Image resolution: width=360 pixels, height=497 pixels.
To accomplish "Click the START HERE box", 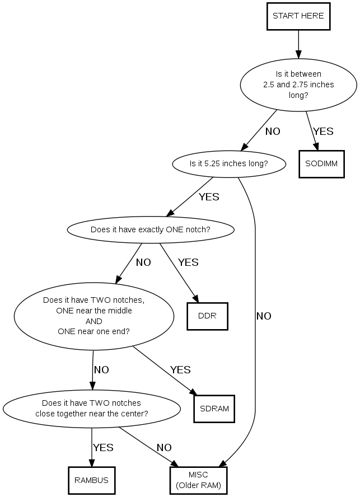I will point(298,16).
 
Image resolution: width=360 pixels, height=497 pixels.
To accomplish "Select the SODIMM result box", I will point(321,164).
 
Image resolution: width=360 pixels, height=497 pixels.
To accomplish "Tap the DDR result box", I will point(207,316).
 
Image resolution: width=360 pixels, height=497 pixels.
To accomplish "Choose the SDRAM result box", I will point(214,408).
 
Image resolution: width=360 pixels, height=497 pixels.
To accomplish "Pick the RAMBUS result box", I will point(91,480).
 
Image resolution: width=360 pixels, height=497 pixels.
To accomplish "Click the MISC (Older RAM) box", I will point(198,480).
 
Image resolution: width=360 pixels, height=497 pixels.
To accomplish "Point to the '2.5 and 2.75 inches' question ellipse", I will point(298,85).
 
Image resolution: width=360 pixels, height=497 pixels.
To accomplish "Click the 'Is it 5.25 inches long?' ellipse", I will point(228,164).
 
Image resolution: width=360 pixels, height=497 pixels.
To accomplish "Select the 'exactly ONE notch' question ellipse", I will point(150,229).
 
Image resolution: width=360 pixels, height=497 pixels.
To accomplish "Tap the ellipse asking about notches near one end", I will point(93,315).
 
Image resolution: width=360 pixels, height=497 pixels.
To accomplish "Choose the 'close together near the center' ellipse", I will point(91,408).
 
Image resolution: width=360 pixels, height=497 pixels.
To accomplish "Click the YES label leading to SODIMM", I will point(323,132).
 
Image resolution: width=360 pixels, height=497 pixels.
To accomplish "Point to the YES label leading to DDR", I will point(188,262).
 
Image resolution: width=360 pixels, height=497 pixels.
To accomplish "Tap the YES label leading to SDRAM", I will point(180,370).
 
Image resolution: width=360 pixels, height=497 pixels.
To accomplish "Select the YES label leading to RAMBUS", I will point(103,448).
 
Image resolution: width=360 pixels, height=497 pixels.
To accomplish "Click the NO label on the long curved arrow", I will point(264,316).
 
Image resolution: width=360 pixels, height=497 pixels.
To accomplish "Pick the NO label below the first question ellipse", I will point(273,132).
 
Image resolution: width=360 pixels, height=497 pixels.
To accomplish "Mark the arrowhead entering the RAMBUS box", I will point(91,462).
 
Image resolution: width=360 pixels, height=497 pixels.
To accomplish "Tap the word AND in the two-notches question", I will point(93,321).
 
